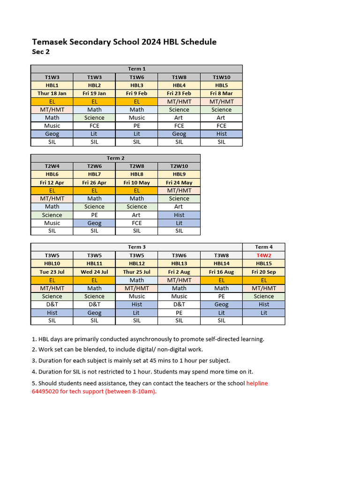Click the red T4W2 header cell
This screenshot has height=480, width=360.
pos(263,255)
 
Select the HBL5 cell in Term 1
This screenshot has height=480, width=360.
pos(221,85)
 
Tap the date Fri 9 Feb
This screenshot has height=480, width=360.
pos(136,93)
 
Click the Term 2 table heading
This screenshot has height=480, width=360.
pos(115,158)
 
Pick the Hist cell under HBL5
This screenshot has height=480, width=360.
pos(221,134)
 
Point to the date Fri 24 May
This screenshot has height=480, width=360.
pos(179,182)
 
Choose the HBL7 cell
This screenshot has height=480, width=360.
pos(94,174)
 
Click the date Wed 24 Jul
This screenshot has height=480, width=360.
pos(94,272)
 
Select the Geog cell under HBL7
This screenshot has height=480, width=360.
pos(94,223)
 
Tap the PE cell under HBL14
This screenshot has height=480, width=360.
pos(221,296)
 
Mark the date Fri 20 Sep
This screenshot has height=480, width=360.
pos(263,272)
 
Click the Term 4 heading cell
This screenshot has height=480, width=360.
pos(263,247)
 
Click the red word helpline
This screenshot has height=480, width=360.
pos(257,383)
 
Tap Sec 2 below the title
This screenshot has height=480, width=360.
pos(41,52)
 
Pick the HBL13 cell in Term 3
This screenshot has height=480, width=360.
pos(179,263)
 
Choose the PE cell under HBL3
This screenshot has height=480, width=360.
pos(136,126)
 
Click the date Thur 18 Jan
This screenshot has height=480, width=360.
pos(52,93)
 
